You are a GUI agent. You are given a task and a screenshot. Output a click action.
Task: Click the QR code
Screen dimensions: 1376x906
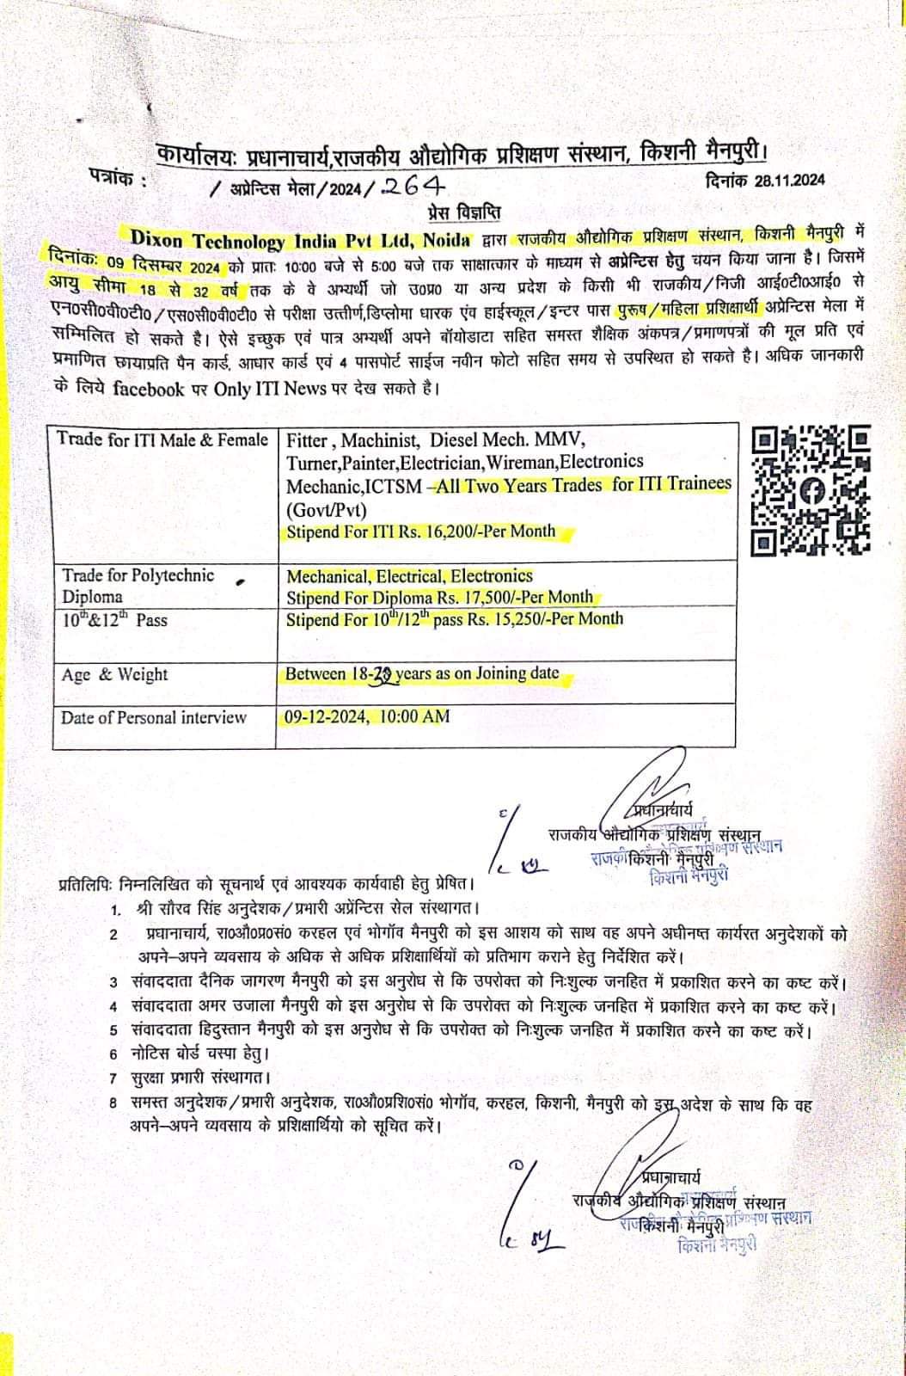click(x=811, y=491)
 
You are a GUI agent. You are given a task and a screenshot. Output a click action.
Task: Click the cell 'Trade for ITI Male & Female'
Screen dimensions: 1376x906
click(x=162, y=439)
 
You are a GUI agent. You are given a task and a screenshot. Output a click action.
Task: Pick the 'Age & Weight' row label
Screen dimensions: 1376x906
click(x=114, y=674)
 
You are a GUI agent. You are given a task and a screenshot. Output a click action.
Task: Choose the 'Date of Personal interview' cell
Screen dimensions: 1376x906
click(x=153, y=717)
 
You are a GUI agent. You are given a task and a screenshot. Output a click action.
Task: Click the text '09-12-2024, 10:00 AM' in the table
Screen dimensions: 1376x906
click(x=367, y=716)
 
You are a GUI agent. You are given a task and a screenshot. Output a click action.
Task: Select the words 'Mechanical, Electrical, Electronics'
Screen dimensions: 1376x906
click(x=409, y=576)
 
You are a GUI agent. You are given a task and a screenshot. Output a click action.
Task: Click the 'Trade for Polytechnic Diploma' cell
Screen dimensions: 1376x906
click(x=138, y=586)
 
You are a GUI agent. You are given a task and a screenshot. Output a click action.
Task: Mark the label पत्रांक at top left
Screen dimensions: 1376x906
click(x=117, y=180)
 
